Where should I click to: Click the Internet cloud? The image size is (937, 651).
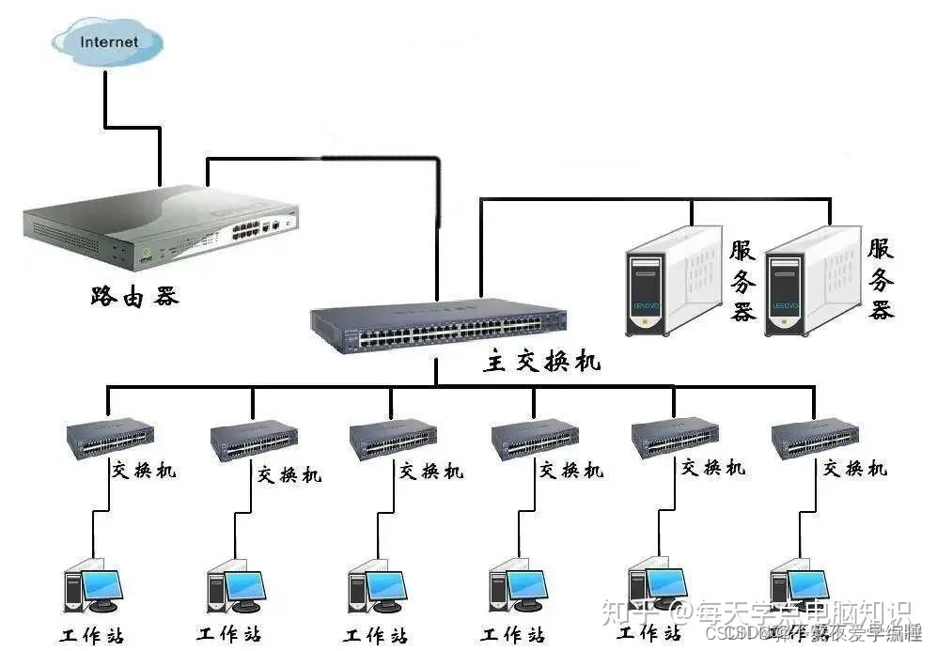pyautogui.click(x=107, y=42)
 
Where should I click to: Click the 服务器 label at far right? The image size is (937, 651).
pyautogui.click(x=881, y=279)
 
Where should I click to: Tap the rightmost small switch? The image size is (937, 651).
pyautogui.click(x=815, y=438)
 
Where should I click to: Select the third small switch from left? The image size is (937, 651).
pyautogui.click(x=393, y=438)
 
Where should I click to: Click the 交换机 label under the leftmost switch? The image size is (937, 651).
pyautogui.click(x=144, y=469)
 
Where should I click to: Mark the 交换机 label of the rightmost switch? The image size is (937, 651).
pyautogui.click(x=855, y=468)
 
